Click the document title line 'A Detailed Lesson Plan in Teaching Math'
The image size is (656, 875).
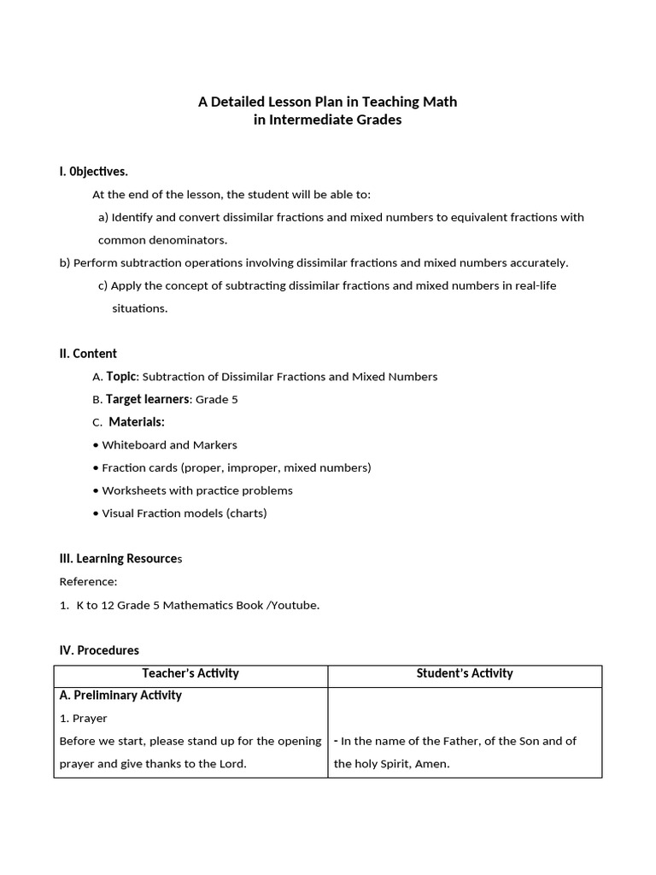pos(327,102)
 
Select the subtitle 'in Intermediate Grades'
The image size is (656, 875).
pos(327,120)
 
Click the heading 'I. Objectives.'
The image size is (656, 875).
pos(94,172)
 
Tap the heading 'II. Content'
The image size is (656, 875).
pos(88,354)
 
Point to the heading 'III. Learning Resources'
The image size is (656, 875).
pos(120,559)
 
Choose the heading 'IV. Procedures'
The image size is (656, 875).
pos(99,650)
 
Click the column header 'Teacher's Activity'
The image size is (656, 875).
pos(190,673)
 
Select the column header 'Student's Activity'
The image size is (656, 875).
pos(465,673)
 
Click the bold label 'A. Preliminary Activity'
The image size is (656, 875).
pos(120,696)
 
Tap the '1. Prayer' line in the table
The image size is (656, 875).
pos(84,719)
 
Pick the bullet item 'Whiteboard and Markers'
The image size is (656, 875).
pos(169,445)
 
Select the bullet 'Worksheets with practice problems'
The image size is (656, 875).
pos(196,490)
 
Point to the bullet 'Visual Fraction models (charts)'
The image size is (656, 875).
pos(184,514)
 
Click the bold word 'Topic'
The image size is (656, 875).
pos(120,376)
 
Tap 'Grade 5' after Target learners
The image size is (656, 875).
pos(217,399)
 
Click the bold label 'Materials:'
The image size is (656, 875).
pos(137,422)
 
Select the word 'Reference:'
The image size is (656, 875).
pos(88,582)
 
